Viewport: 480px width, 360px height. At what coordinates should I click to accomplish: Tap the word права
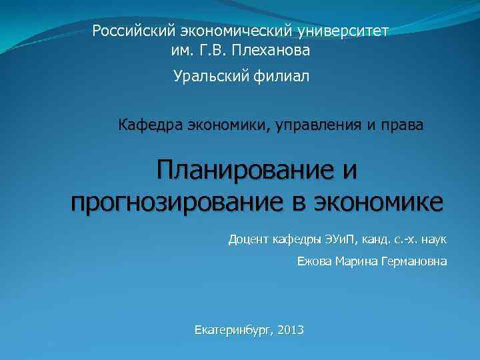click(x=401, y=125)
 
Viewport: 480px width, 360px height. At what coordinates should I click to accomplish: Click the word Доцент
click(x=249, y=239)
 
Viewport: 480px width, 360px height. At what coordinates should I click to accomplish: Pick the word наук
click(x=433, y=239)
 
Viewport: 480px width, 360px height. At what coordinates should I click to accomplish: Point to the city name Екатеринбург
click(x=233, y=329)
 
